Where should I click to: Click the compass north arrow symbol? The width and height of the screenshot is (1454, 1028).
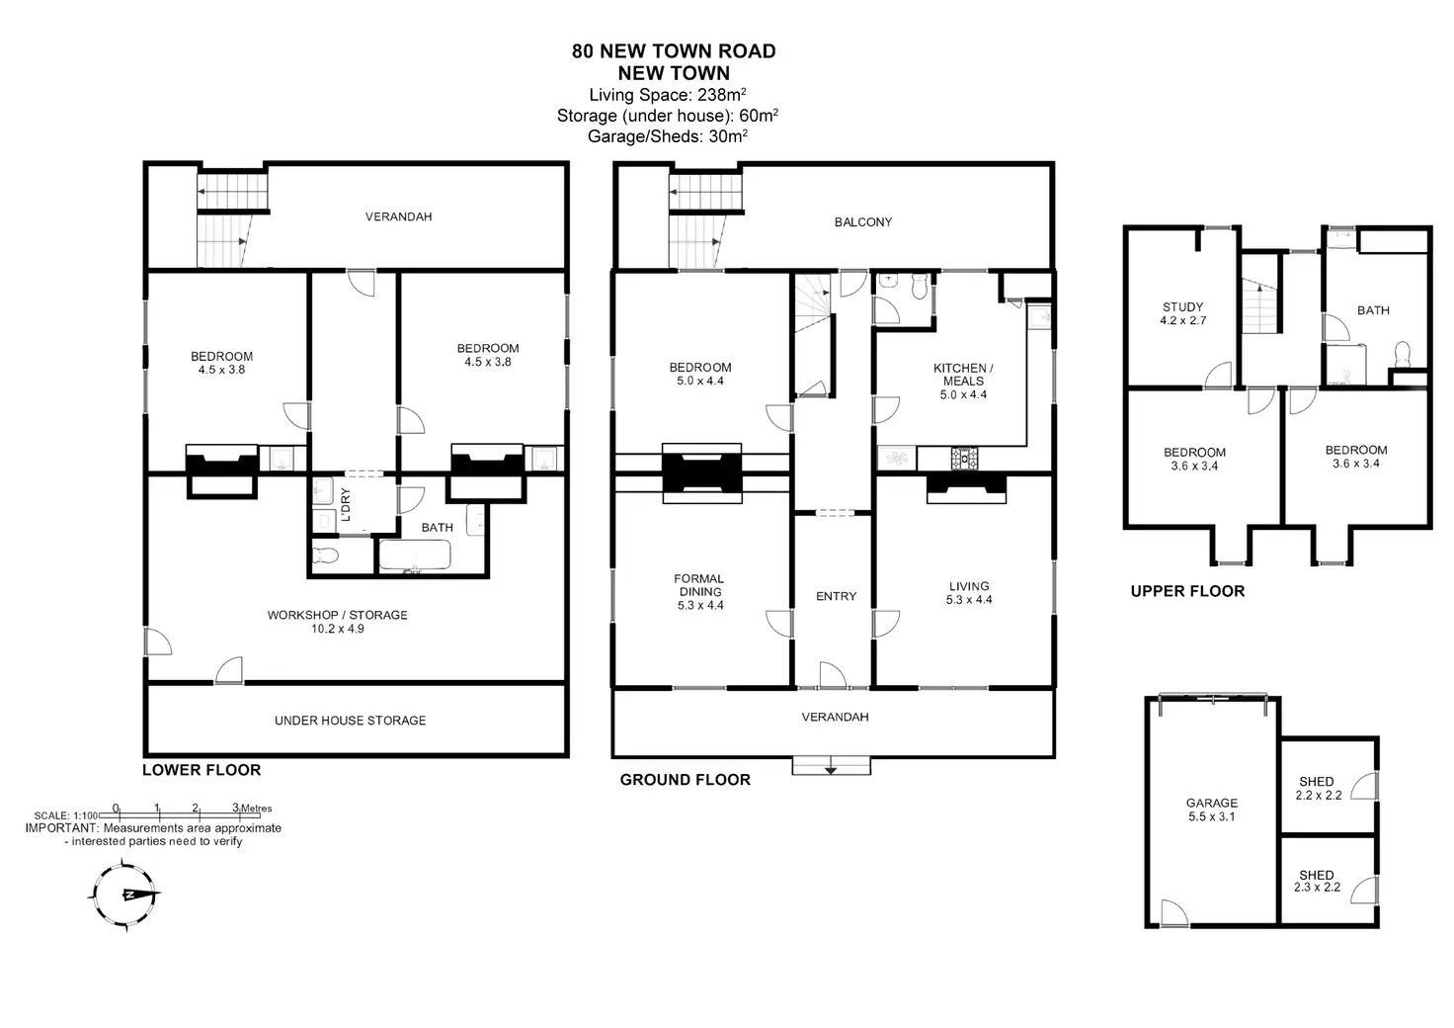coord(125,895)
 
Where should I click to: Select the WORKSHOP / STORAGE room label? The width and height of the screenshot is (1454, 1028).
coord(338,622)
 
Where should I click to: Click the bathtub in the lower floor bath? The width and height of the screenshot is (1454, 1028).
coord(415,556)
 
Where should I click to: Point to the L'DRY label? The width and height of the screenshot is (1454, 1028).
coord(346,504)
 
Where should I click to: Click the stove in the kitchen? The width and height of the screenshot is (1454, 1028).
coord(965,458)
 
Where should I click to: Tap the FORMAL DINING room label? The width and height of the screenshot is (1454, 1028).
coord(699,592)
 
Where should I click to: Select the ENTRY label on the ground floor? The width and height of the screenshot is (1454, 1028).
coord(836,596)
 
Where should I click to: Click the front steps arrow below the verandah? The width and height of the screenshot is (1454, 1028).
coord(831,770)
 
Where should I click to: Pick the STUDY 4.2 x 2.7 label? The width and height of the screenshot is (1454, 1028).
coord(1182,313)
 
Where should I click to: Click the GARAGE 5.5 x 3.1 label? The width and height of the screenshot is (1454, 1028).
coord(1212,810)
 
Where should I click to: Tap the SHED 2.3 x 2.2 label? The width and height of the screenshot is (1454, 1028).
coord(1317,882)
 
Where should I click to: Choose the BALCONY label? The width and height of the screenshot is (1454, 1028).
coord(862,222)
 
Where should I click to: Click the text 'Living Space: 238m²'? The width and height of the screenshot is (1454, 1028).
coord(668,95)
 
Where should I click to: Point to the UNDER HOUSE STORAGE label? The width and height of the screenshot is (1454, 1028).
coord(350,721)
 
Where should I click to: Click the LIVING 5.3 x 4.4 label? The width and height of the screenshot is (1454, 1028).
coord(969,593)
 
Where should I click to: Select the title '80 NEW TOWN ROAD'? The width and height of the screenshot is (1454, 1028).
coord(674,51)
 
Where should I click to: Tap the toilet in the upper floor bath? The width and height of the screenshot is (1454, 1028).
coord(1402,355)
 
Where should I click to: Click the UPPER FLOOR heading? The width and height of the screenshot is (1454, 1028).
coord(1188,591)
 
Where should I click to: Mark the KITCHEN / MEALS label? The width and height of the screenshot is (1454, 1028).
coord(963,381)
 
